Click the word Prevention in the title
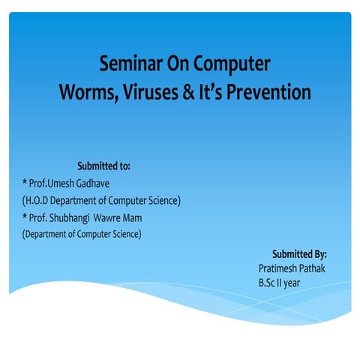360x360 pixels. point(268,93)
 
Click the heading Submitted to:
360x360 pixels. point(104,166)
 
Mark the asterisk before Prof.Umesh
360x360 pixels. point(25,182)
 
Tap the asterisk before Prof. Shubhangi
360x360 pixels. point(25,217)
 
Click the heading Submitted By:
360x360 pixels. point(299,254)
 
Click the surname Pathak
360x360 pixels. point(313,268)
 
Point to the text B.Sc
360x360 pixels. point(268,283)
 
